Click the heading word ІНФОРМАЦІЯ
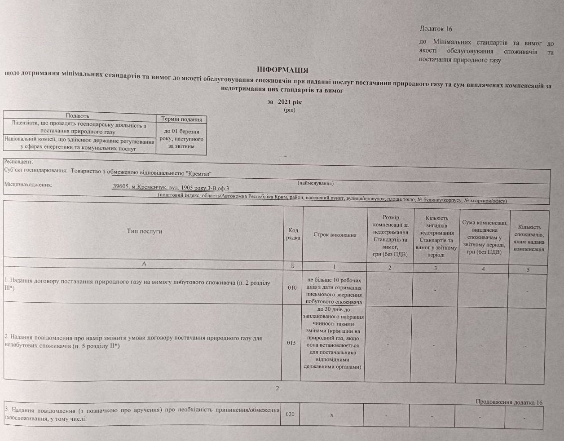click(282, 70)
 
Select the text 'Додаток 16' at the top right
click(435, 29)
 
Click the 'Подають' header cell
click(77, 116)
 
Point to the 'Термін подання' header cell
click(181, 119)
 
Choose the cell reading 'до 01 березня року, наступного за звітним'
click(181, 139)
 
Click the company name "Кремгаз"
click(198, 173)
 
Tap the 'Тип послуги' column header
click(144, 231)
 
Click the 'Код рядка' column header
click(293, 234)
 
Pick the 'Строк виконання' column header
click(335, 235)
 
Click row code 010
click(292, 288)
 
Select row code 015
click(291, 343)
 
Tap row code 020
click(290, 414)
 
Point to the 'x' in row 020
click(331, 415)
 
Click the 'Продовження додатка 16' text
click(509, 402)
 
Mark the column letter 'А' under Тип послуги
click(144, 264)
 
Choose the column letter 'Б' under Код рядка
click(292, 266)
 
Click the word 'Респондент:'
click(18, 162)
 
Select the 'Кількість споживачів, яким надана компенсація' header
click(529, 238)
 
